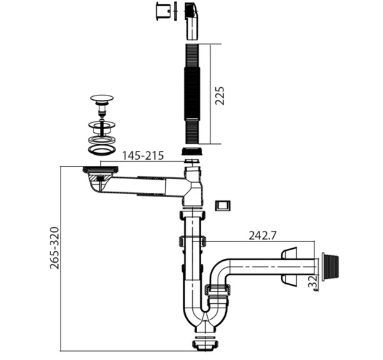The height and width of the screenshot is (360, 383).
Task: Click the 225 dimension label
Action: tap(220, 95)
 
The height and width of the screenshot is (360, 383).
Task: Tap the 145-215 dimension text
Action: tap(143, 155)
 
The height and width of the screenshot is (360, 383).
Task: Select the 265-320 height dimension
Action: tap(54, 248)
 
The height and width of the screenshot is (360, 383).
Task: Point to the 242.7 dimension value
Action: tap(263, 236)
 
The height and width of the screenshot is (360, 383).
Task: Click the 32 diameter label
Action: tap(313, 283)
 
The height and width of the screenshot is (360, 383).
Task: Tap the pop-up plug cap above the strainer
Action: tap(102, 99)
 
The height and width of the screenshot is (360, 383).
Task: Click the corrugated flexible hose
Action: tap(192, 94)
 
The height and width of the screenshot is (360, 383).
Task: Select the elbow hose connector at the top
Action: tap(192, 21)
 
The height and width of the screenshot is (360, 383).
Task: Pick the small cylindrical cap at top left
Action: tap(163, 11)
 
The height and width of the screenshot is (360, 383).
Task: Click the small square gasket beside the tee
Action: tap(223, 206)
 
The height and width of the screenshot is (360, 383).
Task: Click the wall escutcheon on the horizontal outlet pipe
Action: tap(289, 267)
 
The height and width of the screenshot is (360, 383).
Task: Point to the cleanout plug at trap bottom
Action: tap(205, 344)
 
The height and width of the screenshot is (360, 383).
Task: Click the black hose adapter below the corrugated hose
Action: tap(192, 152)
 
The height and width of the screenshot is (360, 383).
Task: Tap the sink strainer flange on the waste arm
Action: tap(100, 170)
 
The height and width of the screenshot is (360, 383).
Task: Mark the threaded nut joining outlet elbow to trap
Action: tap(218, 290)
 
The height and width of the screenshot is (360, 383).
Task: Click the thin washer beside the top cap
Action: tap(175, 11)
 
